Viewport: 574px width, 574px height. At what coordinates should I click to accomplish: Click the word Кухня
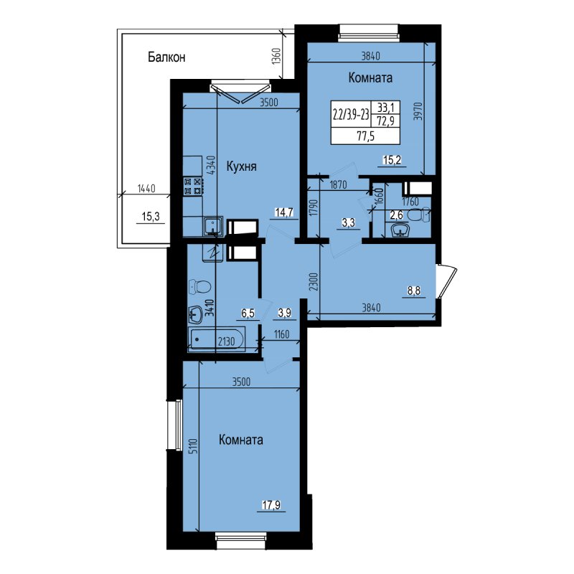coord(242,166)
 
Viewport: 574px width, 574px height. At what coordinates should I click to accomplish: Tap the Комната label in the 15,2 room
coord(370,77)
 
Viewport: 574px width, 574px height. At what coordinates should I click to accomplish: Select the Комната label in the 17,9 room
coord(241,440)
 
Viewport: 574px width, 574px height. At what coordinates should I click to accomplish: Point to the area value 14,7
coord(285,212)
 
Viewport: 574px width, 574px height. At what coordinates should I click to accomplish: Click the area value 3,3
coord(349,222)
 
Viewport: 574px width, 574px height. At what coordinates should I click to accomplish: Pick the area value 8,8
coord(415,291)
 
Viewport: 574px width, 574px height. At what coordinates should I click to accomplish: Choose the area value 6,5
coord(248,314)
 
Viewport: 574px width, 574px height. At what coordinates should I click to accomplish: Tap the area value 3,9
coord(284,314)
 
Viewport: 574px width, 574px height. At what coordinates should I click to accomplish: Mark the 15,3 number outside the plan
coord(149,215)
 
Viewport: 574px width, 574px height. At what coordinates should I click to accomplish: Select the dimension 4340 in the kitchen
coord(210,166)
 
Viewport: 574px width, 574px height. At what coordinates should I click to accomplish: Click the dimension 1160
coord(281,334)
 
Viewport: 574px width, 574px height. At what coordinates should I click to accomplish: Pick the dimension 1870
coord(339,184)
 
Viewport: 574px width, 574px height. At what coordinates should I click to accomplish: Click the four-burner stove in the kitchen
coord(192,187)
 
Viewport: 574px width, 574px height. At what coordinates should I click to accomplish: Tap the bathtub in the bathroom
coord(216,339)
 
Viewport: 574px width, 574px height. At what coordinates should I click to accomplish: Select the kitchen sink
coord(212,227)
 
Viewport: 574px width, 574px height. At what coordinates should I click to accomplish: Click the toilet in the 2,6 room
coord(417,215)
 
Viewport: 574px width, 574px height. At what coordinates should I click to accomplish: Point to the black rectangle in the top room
coord(364,122)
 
